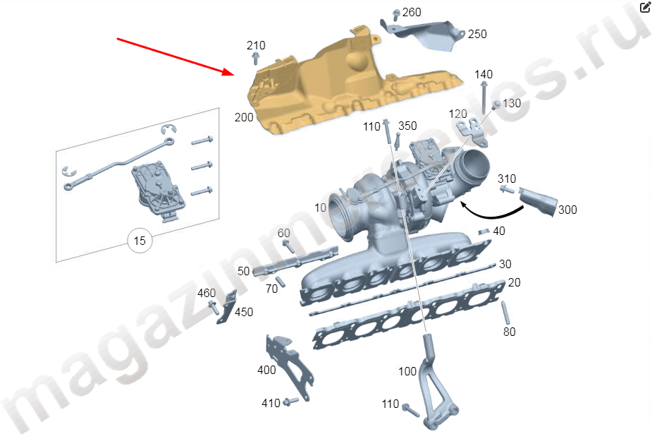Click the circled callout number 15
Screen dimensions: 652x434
coord(140,241)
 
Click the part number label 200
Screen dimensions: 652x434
coord(244,118)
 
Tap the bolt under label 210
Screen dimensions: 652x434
coord(256,59)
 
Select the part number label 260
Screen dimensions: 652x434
coord(412,13)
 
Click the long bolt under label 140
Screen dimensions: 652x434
coord(484,98)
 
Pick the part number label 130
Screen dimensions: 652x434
coord(512,103)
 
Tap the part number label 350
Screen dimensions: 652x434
coord(407,126)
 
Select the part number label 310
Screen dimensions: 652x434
coord(507,179)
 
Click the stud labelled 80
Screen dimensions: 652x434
coord(505,313)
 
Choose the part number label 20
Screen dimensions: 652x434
coord(515,282)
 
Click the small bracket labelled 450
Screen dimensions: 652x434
coord(227,308)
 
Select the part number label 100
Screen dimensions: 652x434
coord(407,371)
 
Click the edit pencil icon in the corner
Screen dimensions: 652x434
coord(645,7)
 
